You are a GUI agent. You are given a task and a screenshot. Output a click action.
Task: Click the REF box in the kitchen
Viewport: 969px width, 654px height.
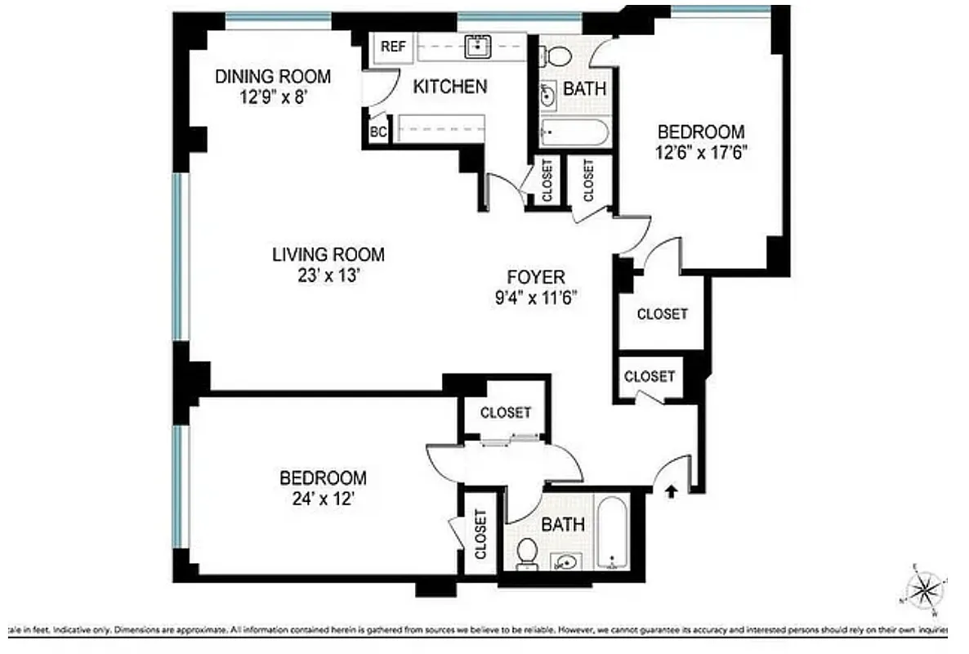click(392, 47)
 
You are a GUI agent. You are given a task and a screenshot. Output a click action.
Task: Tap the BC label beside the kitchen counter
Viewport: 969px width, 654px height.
click(377, 132)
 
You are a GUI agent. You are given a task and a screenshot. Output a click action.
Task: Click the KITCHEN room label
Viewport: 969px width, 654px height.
click(449, 86)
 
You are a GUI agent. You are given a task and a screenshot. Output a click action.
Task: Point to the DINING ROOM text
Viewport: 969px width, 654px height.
click(273, 77)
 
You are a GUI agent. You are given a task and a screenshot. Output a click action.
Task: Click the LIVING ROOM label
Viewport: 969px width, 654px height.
click(328, 255)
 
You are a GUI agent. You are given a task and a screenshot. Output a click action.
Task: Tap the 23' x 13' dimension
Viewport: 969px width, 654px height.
click(328, 275)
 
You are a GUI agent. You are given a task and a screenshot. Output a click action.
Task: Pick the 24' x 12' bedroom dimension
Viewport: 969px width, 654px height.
click(322, 499)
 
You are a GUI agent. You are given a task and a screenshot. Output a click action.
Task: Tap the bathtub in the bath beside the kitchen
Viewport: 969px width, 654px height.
click(574, 132)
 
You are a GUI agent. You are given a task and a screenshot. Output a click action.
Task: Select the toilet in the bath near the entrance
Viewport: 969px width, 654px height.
click(528, 553)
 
